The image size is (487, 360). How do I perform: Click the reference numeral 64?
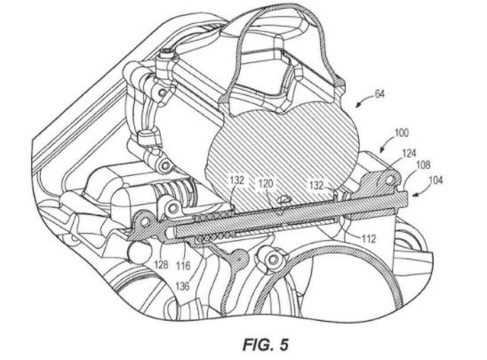pos(379,94)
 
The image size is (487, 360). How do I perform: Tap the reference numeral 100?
pos(402,133)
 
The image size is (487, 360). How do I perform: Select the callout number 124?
pos(410,153)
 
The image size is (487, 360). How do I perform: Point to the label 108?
pos(423,164)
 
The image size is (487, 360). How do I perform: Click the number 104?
pos(436,180)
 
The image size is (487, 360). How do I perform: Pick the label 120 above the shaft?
pos(266,183)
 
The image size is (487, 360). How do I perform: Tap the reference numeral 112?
pos(369,239)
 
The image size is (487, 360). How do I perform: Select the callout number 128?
pos(161,264)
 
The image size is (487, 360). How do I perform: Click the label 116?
pos(183,266)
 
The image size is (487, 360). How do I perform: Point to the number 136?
pos(182,286)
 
